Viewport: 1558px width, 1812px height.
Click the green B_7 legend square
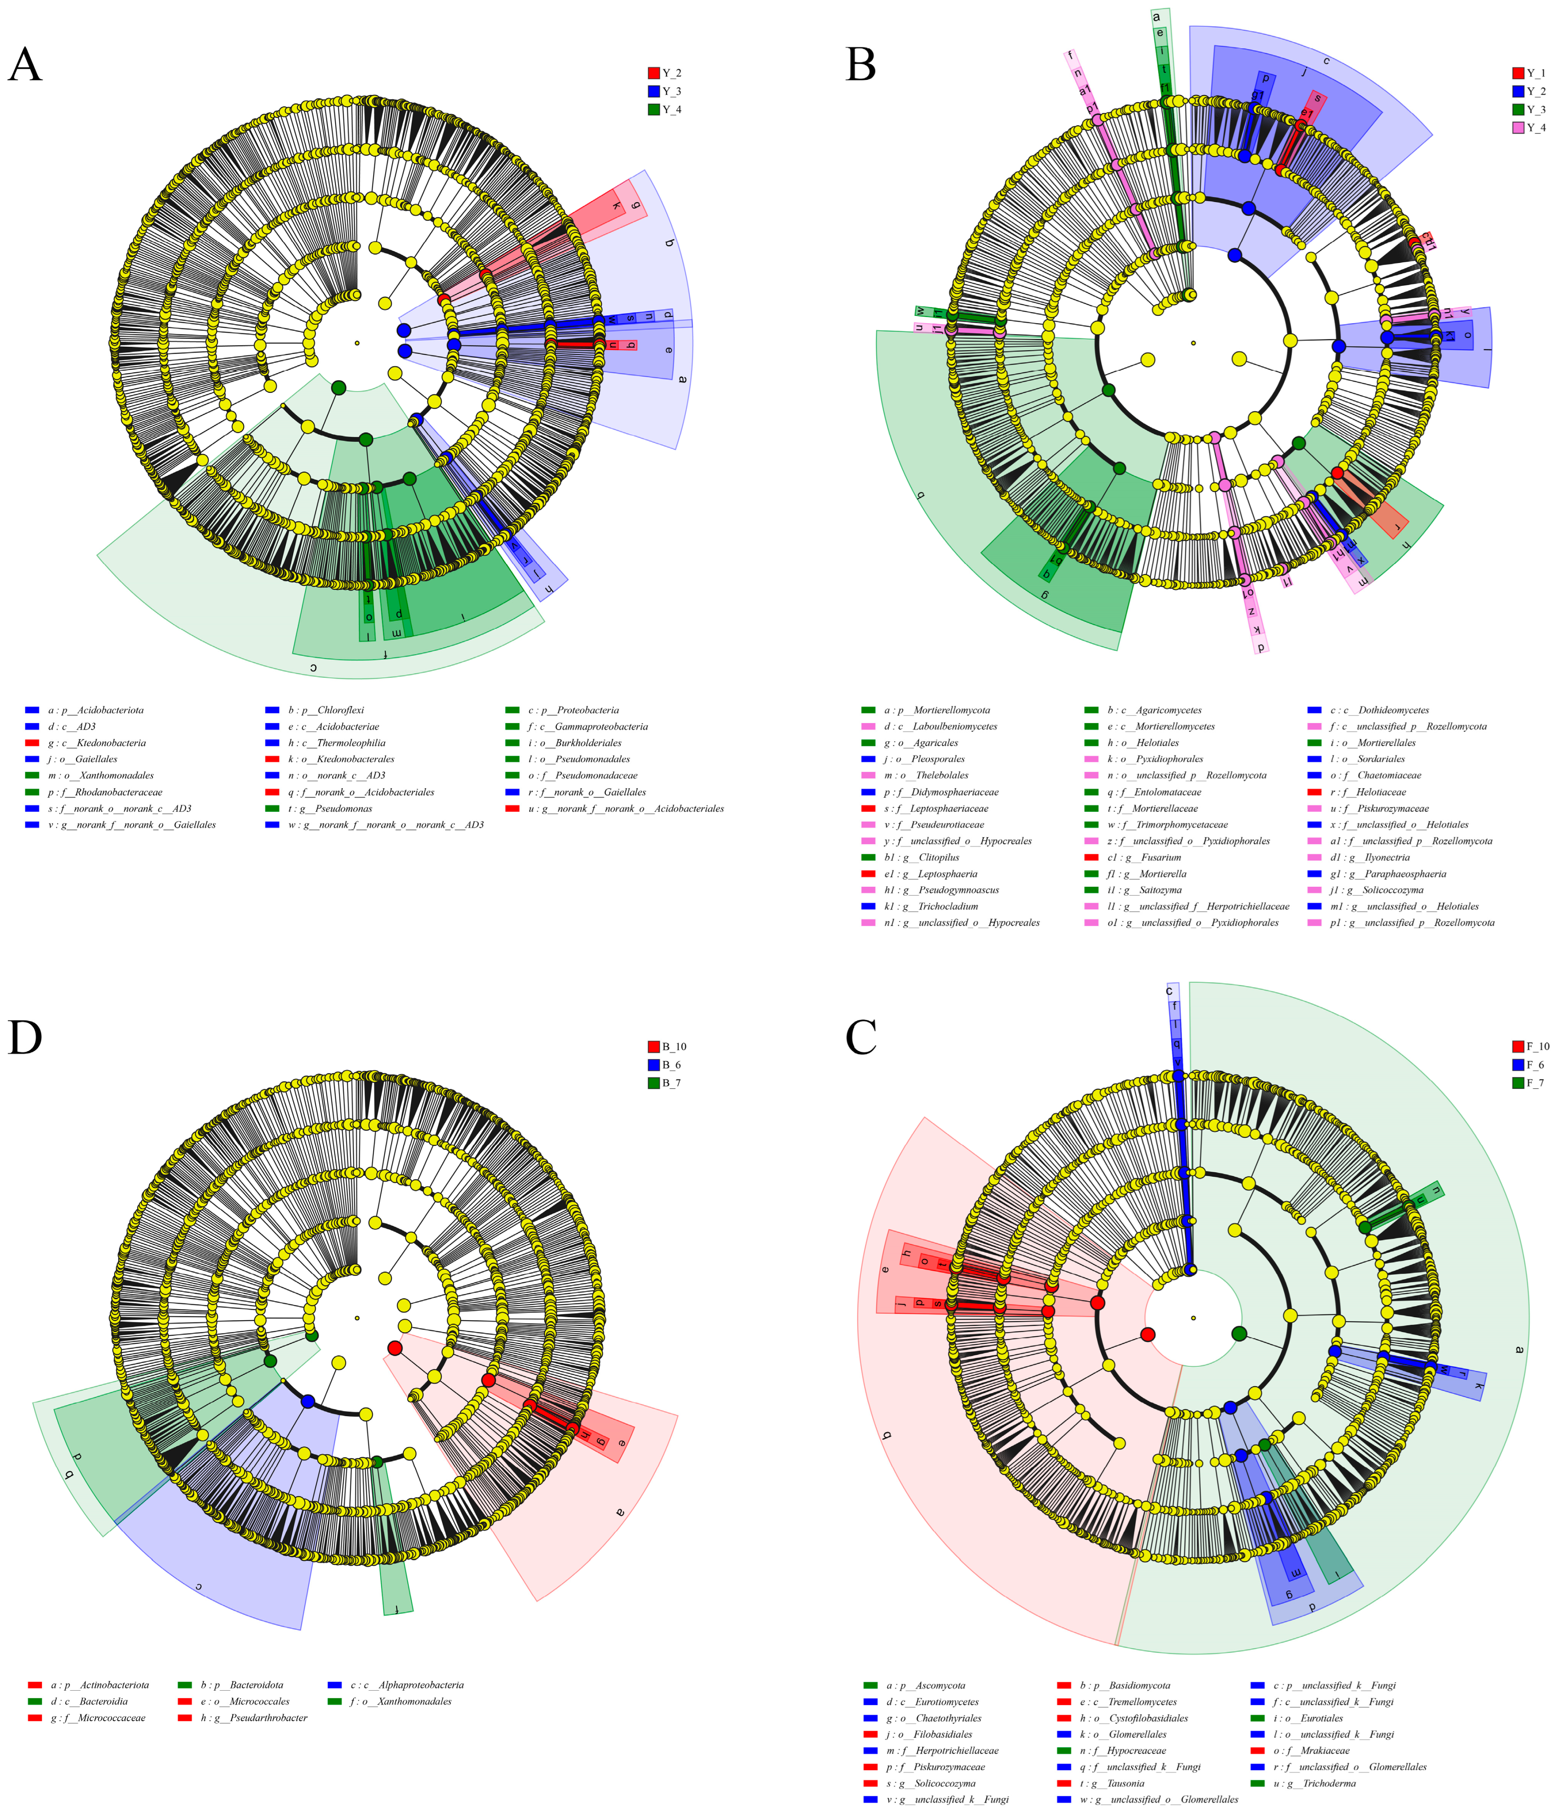(653, 1083)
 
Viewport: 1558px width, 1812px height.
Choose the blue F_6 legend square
(1518, 1064)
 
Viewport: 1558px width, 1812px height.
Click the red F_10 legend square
(1518, 1046)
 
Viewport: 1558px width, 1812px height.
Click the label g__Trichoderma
(1320, 1783)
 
